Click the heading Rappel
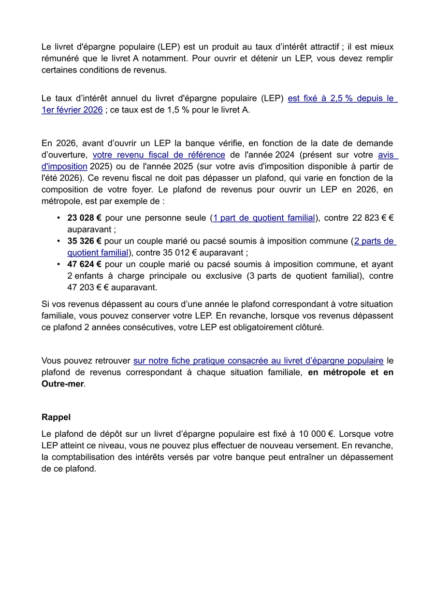56,417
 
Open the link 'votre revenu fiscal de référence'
159,155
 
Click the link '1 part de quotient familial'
264,218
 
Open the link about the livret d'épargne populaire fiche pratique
258,360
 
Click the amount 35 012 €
212,253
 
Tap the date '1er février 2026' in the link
72,110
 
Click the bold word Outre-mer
62,384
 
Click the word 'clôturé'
307,327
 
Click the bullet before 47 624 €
58,264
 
